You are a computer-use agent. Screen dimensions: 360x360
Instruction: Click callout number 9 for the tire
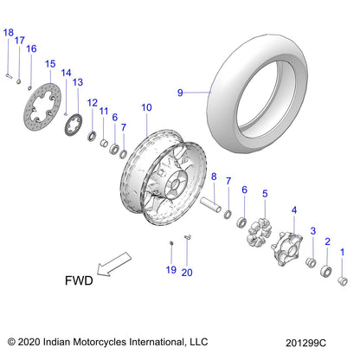(x=181, y=92)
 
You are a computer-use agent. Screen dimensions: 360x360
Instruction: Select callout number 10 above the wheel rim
(x=146, y=107)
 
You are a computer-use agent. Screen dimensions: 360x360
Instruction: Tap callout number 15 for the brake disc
(x=50, y=64)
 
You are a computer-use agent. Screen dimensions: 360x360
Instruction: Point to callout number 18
(x=9, y=33)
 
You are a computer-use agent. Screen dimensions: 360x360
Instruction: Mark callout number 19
(x=170, y=271)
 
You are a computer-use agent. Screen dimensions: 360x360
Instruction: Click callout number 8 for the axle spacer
(x=214, y=177)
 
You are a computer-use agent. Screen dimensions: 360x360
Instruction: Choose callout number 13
(x=77, y=82)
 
